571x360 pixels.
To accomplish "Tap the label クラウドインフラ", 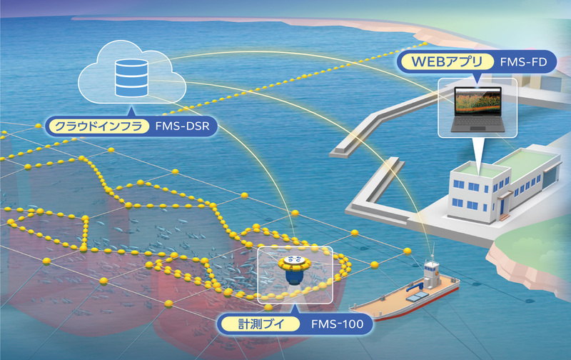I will [x=97, y=127].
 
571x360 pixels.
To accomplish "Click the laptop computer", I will [x=477, y=110].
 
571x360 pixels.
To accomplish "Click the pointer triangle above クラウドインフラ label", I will [x=131, y=111].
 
